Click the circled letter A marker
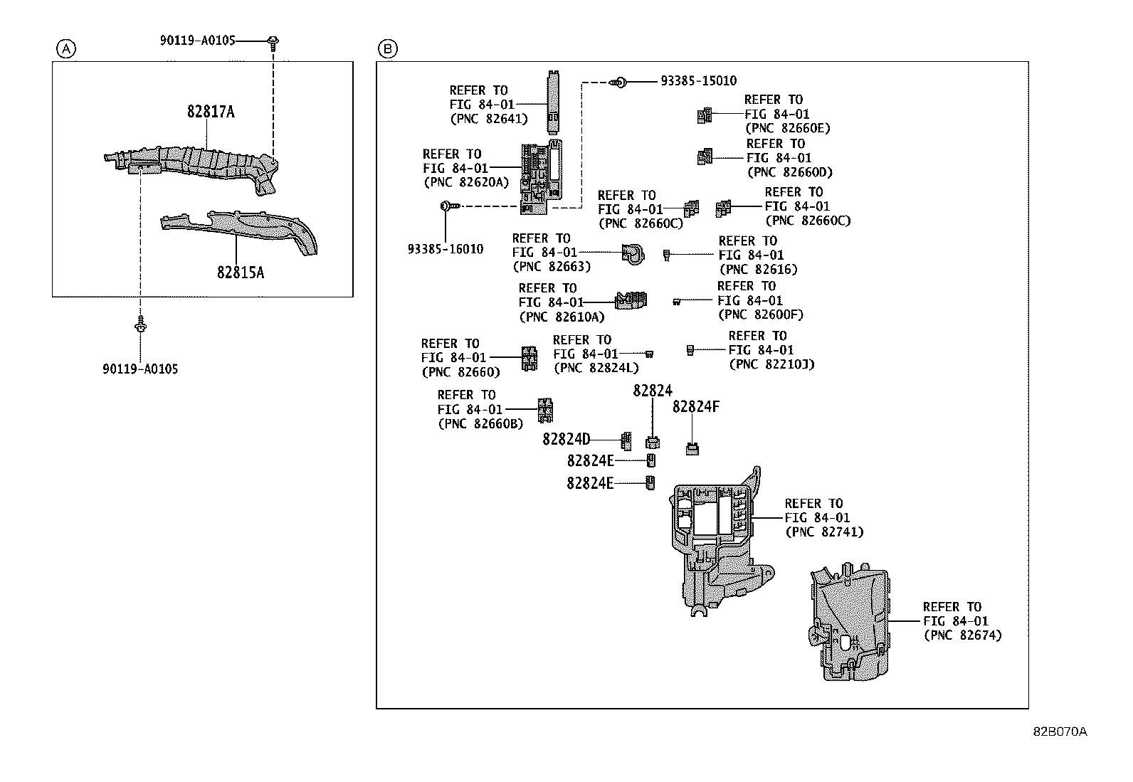click(65, 49)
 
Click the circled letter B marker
click(388, 49)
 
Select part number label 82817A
click(211, 112)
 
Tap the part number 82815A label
click(241, 273)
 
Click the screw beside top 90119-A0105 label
click(273, 43)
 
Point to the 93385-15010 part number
click(698, 82)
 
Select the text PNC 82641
click(489, 119)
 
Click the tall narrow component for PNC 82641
click(553, 101)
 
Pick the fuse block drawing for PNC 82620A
click(542, 178)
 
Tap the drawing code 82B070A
click(1060, 731)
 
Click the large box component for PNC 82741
click(715, 541)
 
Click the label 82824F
click(695, 407)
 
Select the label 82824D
click(566, 440)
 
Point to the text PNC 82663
click(552, 267)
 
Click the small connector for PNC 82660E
click(704, 115)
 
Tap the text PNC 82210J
click(771, 364)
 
